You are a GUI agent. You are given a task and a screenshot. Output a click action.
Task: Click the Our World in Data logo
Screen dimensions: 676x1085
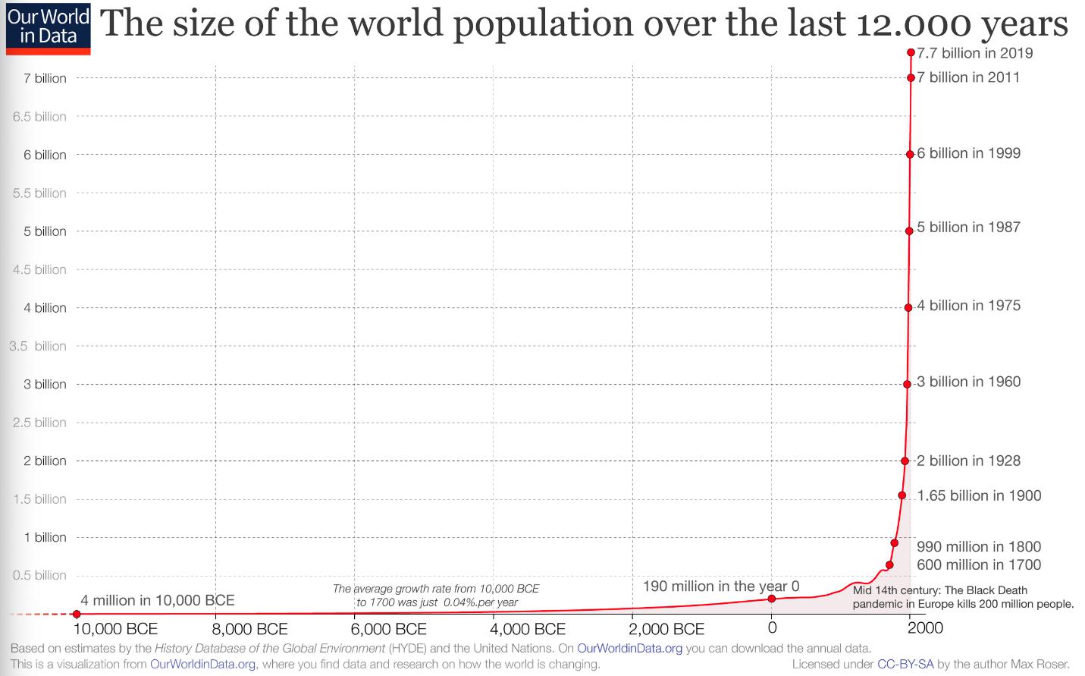48,28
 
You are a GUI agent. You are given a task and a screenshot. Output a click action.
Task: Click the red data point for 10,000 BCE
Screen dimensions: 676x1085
77,614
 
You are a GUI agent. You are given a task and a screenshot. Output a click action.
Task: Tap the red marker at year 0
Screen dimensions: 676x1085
772,599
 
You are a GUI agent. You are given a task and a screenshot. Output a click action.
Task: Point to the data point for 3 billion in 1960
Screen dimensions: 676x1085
907,384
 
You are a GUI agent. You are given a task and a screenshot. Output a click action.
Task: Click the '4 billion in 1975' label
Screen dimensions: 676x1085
968,306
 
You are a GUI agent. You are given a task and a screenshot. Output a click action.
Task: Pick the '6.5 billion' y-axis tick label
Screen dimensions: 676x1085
39,117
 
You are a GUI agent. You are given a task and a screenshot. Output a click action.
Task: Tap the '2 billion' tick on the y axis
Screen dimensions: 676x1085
45,461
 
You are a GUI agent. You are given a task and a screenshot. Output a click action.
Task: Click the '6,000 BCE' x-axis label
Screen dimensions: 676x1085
389,630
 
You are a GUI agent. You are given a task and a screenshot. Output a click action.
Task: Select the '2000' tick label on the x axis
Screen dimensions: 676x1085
925,628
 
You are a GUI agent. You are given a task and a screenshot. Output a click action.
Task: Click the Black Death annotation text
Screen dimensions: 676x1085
962,597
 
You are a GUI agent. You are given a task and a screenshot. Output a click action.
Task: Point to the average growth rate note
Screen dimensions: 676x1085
436,596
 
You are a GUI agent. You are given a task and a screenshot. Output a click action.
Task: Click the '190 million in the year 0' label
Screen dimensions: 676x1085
720,586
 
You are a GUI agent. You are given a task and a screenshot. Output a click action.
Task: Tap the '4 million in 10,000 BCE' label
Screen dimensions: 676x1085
157,600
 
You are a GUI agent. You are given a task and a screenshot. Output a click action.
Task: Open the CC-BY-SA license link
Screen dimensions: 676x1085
905,665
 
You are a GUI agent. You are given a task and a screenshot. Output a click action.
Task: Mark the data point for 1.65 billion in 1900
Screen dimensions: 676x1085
902,495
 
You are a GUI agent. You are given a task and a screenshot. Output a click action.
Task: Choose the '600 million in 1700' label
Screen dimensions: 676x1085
978,564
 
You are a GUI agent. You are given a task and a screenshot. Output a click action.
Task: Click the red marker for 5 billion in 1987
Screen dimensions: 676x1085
909,231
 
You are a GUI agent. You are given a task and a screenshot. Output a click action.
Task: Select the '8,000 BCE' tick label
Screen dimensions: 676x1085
249,630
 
